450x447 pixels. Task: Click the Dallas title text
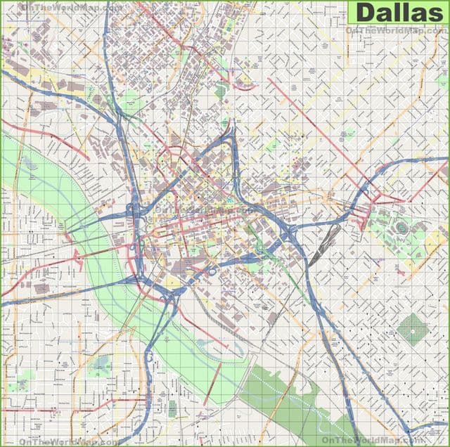398,13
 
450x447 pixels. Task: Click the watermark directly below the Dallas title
396,30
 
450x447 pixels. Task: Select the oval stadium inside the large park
401,227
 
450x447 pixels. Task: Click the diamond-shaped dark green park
413,329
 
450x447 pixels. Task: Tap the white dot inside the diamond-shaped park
413,329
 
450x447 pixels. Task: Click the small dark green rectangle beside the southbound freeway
172,408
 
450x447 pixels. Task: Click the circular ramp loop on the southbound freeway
149,357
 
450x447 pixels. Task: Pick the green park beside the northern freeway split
131,103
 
